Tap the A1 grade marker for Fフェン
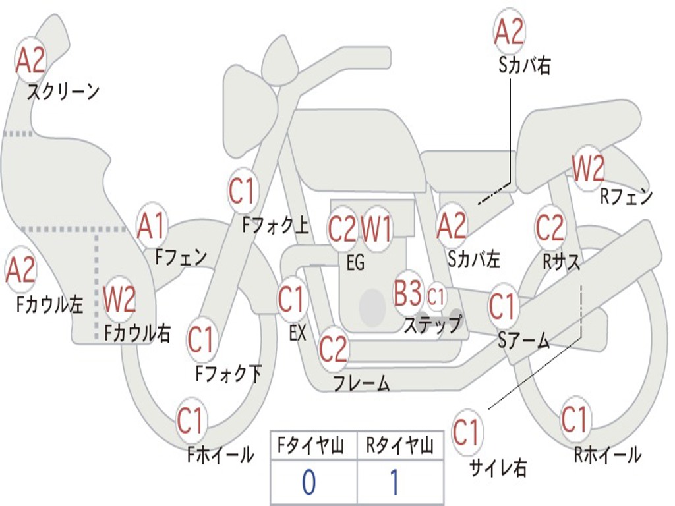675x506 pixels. (x=152, y=226)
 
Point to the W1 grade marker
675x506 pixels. (x=377, y=230)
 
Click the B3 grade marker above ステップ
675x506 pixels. (x=407, y=293)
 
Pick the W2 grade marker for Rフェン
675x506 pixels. (x=588, y=169)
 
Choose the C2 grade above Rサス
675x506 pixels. (x=550, y=228)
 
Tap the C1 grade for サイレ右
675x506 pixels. (x=467, y=433)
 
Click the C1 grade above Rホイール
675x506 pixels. (x=574, y=419)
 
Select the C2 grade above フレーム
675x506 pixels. (x=333, y=349)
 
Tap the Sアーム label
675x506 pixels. (x=524, y=340)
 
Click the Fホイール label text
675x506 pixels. (x=221, y=455)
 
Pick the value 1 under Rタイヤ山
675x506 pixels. (x=394, y=483)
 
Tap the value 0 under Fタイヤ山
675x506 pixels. (x=308, y=483)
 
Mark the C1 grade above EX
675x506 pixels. (x=291, y=300)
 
